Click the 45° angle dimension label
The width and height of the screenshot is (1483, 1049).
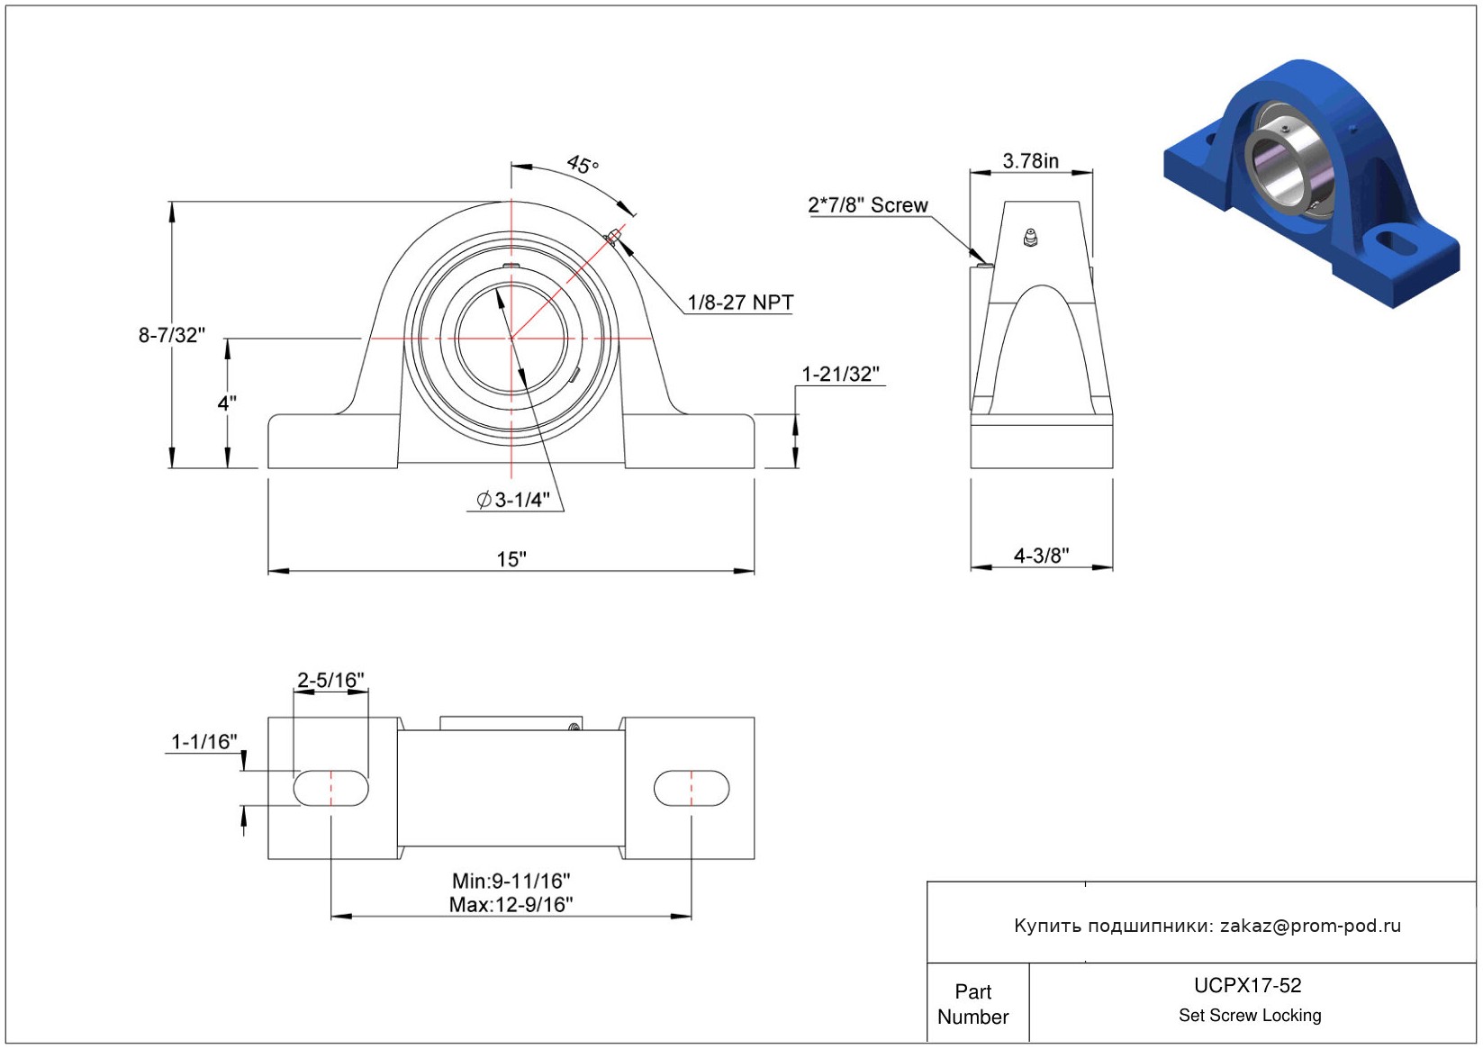click(x=583, y=164)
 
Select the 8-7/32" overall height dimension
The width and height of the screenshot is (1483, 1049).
click(x=171, y=335)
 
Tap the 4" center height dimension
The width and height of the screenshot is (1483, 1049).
click(x=226, y=402)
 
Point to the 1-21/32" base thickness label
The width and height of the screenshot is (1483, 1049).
click(x=840, y=375)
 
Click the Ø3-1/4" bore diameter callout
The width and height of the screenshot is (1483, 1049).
click(x=513, y=500)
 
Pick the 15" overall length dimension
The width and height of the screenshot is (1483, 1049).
click(x=511, y=559)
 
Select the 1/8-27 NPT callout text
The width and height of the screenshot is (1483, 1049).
click(x=740, y=302)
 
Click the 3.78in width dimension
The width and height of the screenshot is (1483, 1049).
click(x=1030, y=161)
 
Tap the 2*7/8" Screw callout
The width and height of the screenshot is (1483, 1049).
click(x=867, y=205)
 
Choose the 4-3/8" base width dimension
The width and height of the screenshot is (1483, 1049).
click(x=1042, y=555)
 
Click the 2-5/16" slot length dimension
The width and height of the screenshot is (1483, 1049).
click(x=330, y=680)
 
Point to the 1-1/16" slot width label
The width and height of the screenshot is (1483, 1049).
click(x=203, y=741)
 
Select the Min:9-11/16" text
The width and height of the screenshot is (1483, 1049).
click(x=511, y=881)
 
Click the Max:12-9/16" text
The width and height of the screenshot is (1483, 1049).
click(x=511, y=904)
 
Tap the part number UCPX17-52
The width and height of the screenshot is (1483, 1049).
click(x=1247, y=985)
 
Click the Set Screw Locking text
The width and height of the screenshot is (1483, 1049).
click(x=1249, y=1015)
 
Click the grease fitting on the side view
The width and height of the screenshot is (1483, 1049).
click(x=1029, y=237)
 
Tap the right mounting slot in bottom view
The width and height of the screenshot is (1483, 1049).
click(x=692, y=788)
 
